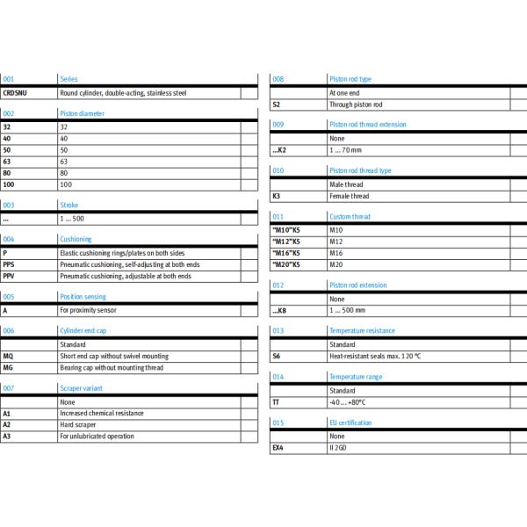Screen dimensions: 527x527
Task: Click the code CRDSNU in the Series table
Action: [15, 92]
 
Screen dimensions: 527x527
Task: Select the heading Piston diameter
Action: [81, 113]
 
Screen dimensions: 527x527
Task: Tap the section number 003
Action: [9, 205]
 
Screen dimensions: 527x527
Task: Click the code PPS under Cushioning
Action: [10, 264]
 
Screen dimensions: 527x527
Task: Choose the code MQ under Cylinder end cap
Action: [9, 356]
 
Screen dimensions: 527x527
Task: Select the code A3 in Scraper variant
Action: [7, 436]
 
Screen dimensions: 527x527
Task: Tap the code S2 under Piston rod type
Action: [276, 105]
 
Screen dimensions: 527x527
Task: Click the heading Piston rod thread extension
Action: [367, 125]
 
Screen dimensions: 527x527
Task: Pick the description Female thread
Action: [349, 196]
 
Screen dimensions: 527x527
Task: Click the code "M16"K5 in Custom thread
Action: [286, 252]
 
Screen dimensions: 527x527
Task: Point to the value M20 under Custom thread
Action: [336, 263]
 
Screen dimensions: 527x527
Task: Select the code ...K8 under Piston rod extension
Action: [280, 310]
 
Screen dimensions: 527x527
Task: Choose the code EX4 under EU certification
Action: [277, 447]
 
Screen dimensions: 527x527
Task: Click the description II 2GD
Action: [338, 447]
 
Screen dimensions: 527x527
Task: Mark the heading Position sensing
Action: [83, 297]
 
